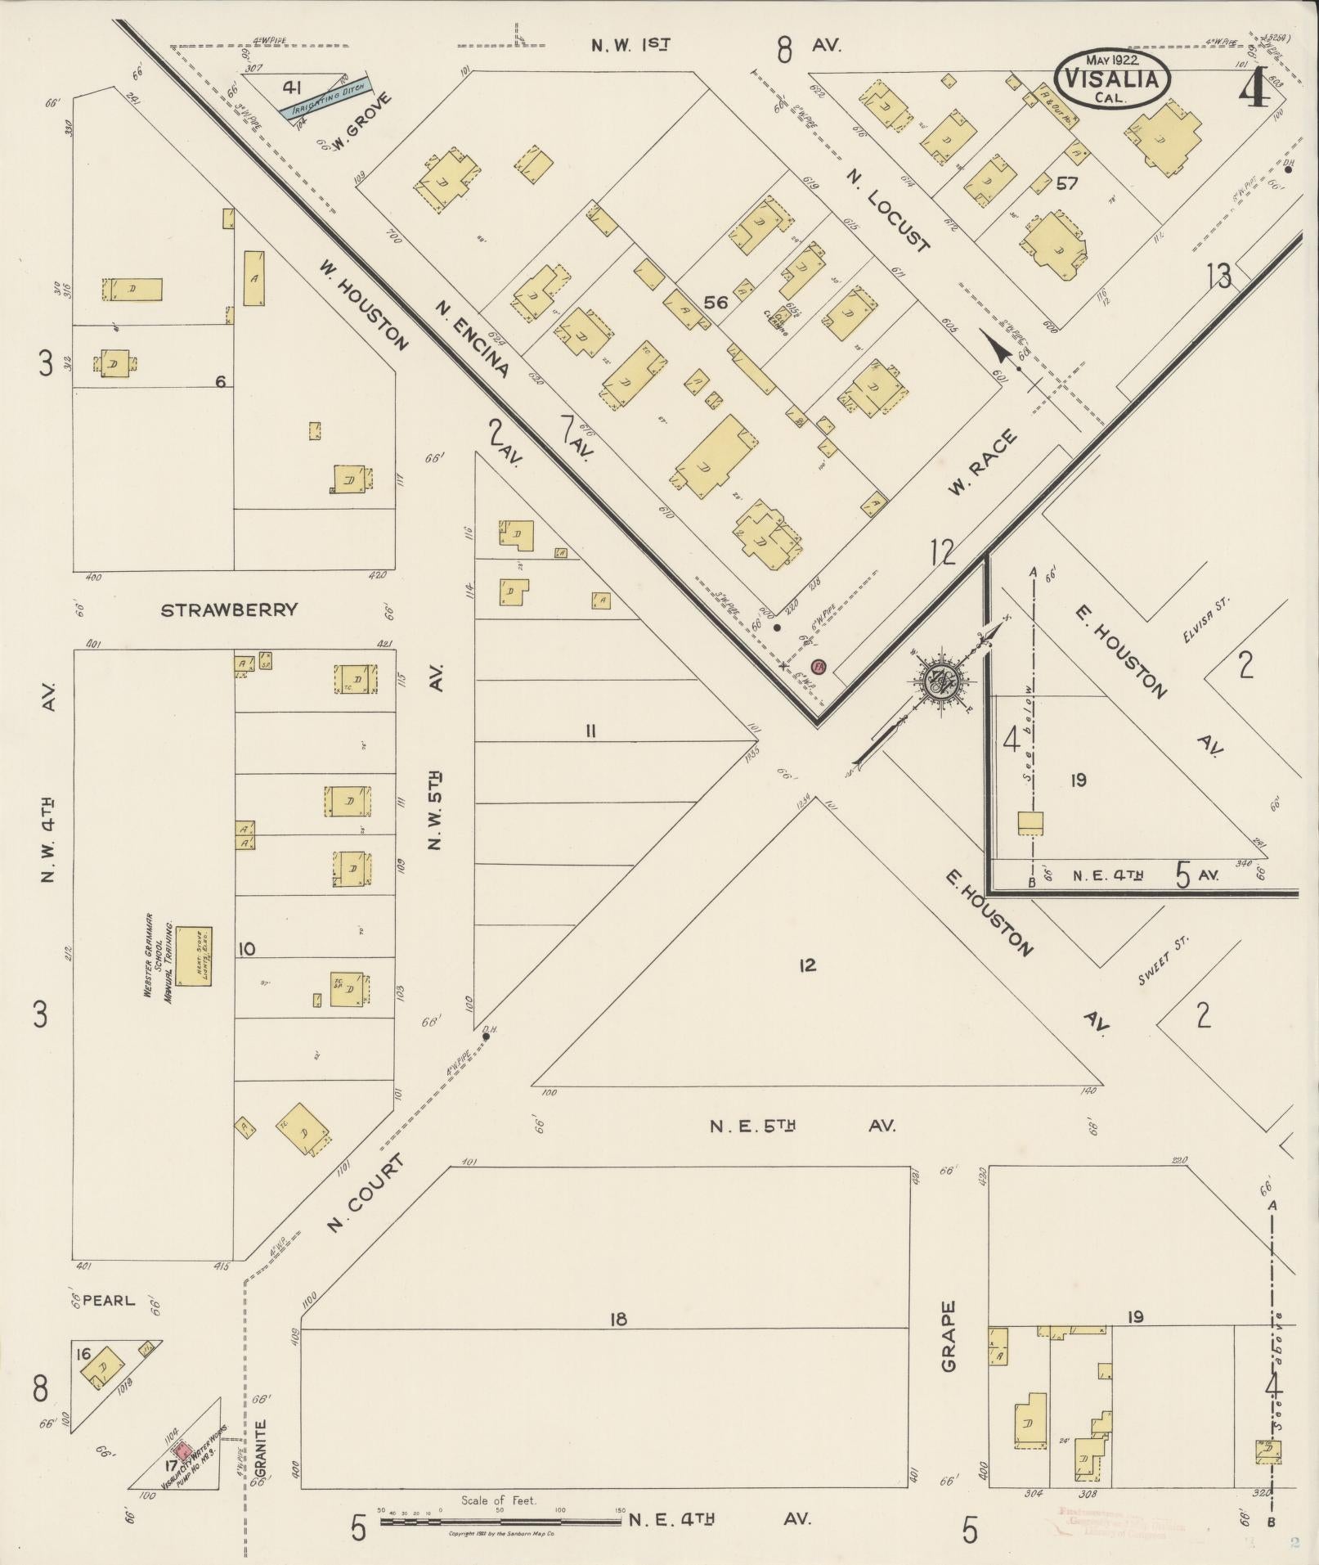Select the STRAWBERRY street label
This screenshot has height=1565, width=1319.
coord(229,610)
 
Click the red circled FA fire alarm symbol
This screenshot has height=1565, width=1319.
coord(819,666)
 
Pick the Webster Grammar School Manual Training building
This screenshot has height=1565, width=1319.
coord(194,956)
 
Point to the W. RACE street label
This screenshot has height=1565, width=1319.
coord(984,462)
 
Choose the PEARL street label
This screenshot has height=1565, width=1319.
coord(108,1300)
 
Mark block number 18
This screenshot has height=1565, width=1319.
coord(618,1319)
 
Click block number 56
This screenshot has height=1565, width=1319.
coord(716,303)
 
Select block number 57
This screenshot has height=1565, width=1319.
coord(1066,183)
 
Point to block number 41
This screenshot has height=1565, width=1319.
coord(292,88)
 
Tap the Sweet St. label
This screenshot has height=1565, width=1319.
coord(1164,961)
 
